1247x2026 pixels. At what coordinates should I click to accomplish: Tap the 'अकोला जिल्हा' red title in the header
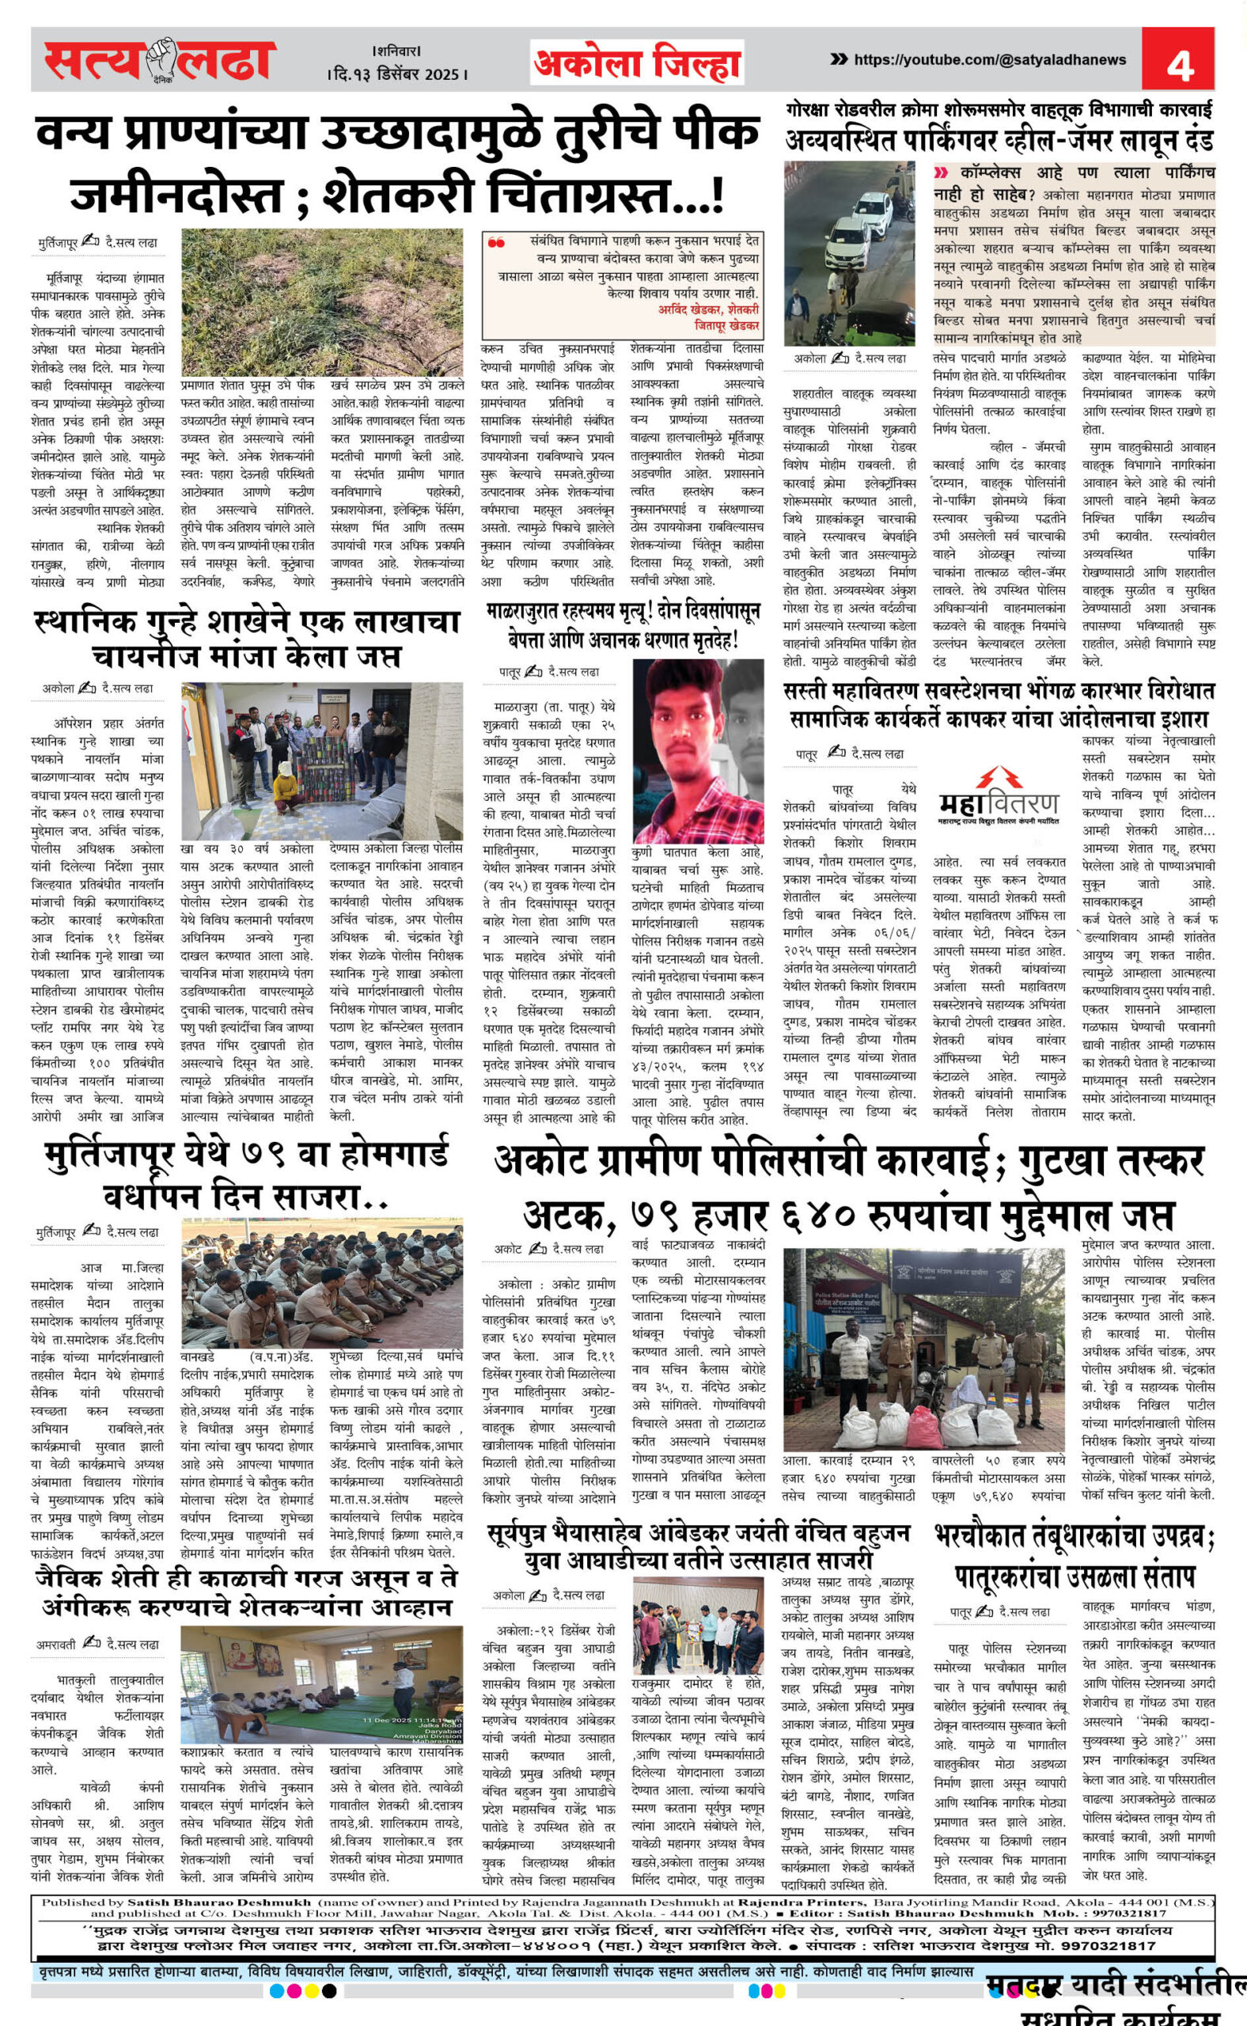tap(637, 63)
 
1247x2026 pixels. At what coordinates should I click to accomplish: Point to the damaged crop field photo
tap(322, 301)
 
